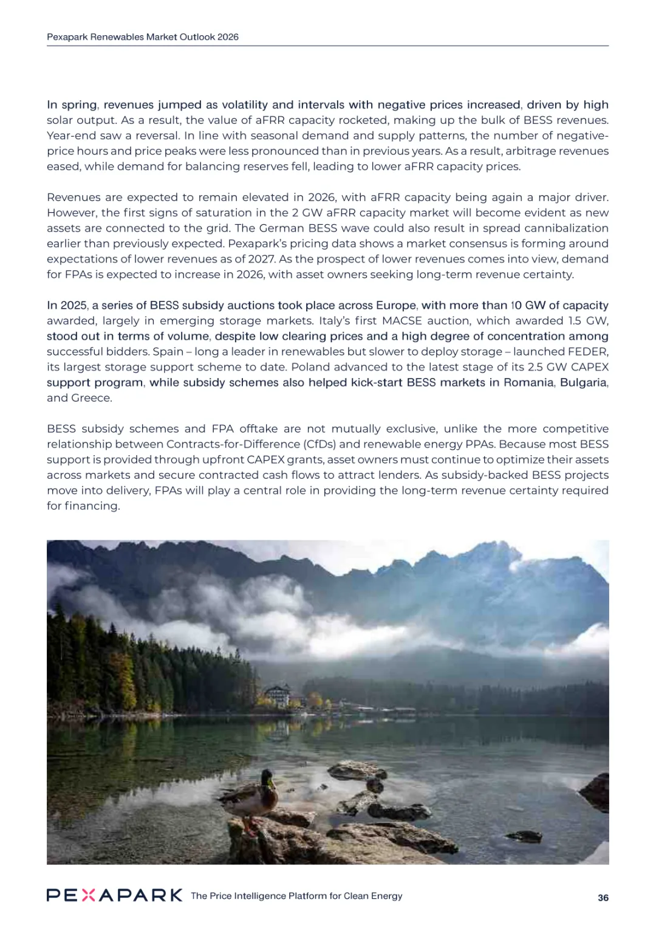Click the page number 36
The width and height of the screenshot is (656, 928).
pyautogui.click(x=603, y=898)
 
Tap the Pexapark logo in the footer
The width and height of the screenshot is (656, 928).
pyautogui.click(x=114, y=895)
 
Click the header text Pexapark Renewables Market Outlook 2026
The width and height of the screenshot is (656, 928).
pyautogui.click(x=143, y=37)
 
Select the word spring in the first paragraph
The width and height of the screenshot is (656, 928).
pyautogui.click(x=79, y=105)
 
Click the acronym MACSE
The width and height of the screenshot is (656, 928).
pyautogui.click(x=401, y=321)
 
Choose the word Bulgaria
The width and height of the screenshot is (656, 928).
pyautogui.click(x=583, y=383)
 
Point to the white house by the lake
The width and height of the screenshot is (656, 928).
pyautogui.click(x=278, y=695)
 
